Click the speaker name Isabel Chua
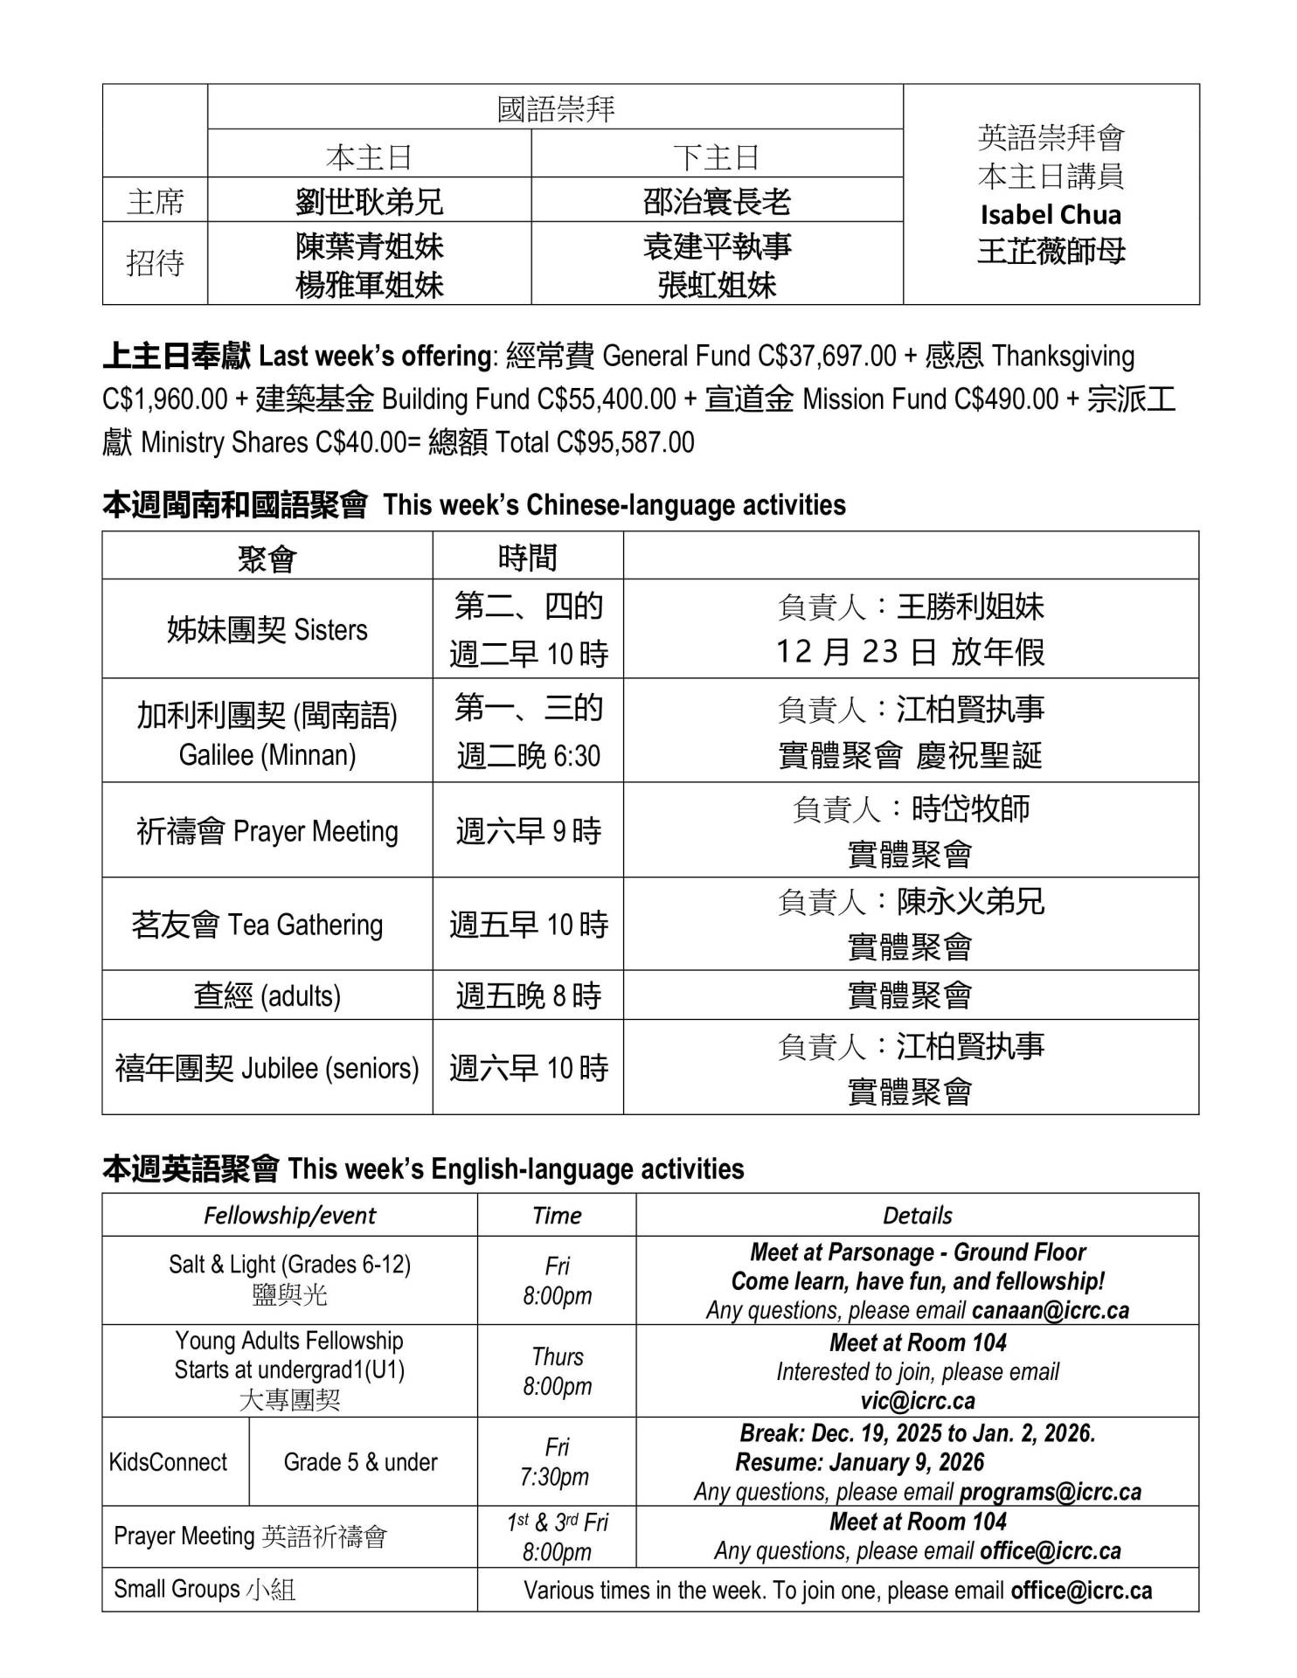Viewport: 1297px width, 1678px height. pyautogui.click(x=1051, y=215)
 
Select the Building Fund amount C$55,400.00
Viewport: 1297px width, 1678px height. pyautogui.click(x=607, y=399)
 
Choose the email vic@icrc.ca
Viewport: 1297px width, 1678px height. pyautogui.click(x=918, y=1400)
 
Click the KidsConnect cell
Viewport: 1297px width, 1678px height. pyautogui.click(x=168, y=1462)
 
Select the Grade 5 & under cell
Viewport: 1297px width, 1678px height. pyautogui.click(x=360, y=1462)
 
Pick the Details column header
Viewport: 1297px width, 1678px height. pyautogui.click(x=917, y=1215)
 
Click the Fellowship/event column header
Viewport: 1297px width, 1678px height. pyautogui.click(x=289, y=1215)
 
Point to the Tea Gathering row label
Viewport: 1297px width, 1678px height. pyautogui.click(x=257, y=925)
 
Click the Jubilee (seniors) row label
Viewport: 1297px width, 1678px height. pyautogui.click(x=267, y=1068)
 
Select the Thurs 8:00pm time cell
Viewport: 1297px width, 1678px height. pyautogui.click(x=557, y=1371)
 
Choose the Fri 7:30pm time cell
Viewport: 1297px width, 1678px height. pyautogui.click(x=557, y=1462)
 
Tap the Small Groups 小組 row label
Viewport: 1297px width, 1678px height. pyautogui.click(x=205, y=1589)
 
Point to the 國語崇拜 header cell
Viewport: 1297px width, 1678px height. pyautogui.click(x=556, y=108)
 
